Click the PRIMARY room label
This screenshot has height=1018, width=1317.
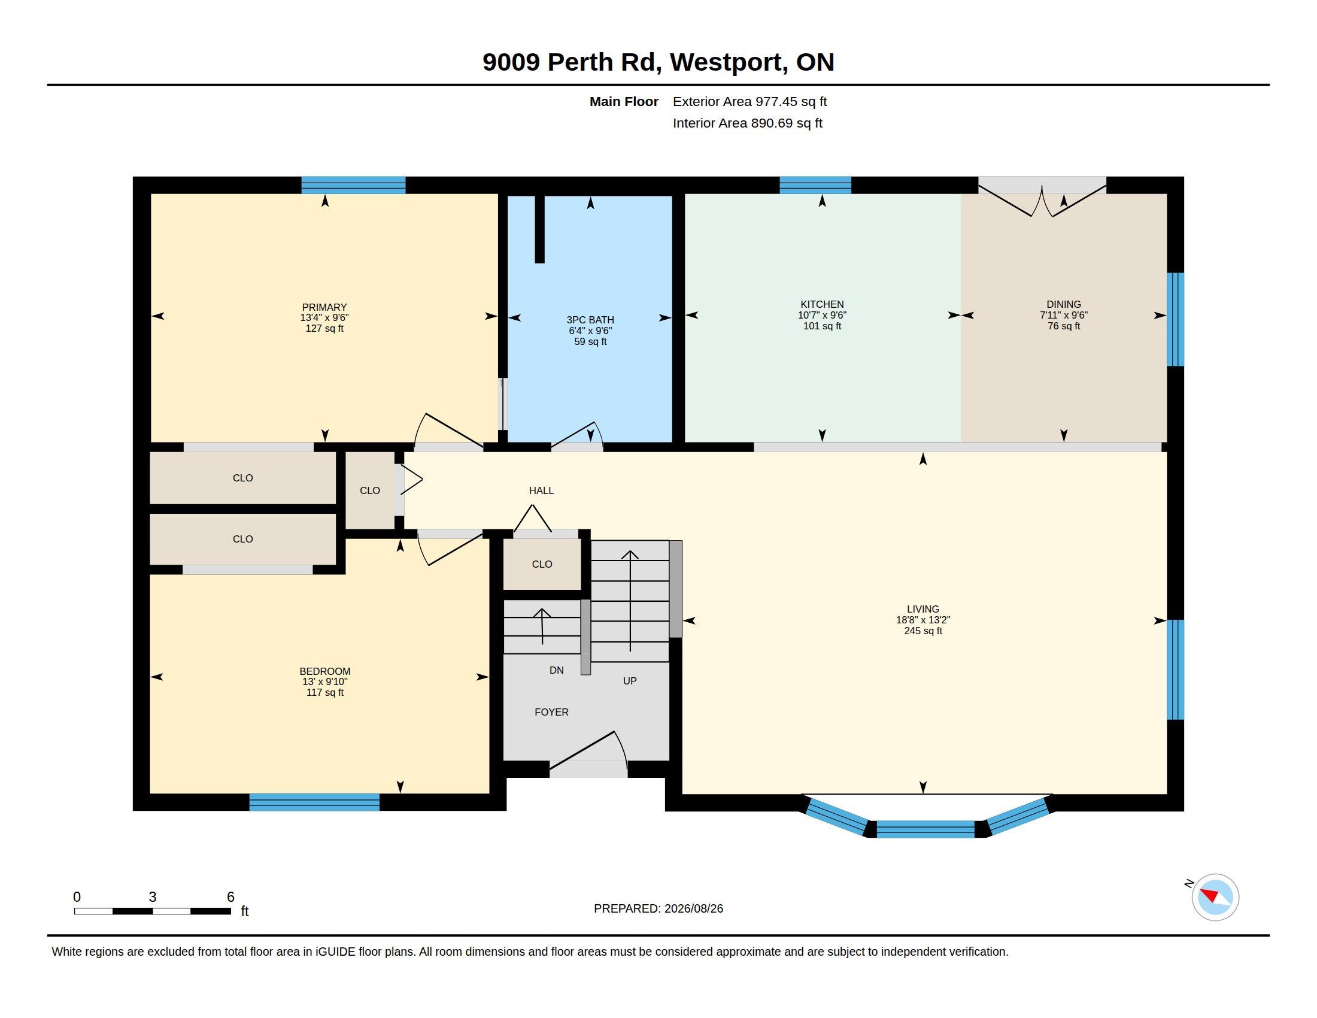point(324,307)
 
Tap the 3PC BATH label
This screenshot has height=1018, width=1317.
point(590,320)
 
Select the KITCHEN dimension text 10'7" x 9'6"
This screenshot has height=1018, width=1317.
point(822,315)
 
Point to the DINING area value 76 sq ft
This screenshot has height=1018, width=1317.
point(1064,326)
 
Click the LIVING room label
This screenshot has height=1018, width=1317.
point(922,609)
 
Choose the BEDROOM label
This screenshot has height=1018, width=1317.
point(325,671)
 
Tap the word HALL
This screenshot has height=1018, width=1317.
point(542,490)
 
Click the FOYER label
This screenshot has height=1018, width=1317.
point(552,711)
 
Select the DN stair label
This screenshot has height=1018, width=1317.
point(557,670)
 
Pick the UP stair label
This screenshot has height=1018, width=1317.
point(630,681)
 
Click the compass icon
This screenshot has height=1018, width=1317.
point(1215,897)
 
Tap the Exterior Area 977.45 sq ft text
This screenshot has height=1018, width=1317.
point(749,101)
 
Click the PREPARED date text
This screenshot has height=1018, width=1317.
point(658,908)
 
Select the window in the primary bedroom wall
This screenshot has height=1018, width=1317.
point(353,185)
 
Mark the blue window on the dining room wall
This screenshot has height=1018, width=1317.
point(1175,320)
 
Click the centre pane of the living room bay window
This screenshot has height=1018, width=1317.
point(925,829)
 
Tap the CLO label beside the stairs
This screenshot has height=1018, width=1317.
point(542,564)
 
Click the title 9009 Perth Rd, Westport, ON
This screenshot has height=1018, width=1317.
point(658,62)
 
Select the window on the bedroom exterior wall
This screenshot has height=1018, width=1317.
point(314,802)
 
